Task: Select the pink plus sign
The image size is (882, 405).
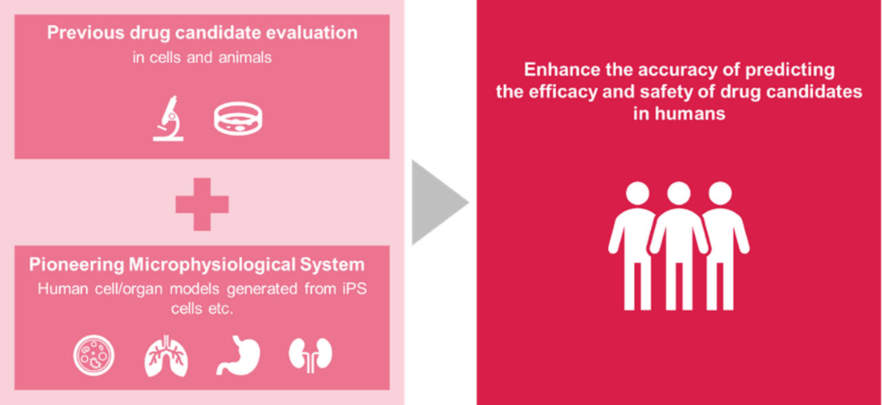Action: pyautogui.click(x=202, y=203)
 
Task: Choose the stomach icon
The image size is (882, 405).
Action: pyautogui.click(x=238, y=355)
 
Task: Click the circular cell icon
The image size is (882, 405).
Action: pyautogui.click(x=94, y=355)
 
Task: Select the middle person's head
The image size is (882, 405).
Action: pyautogui.click(x=679, y=195)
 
